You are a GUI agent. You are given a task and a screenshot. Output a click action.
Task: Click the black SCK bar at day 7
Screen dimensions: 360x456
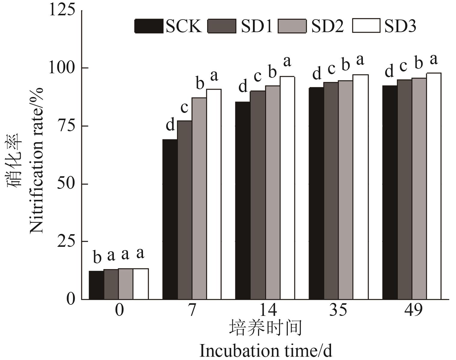point(170,219)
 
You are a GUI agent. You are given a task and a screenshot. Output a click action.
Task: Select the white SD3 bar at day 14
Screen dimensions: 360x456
point(287,188)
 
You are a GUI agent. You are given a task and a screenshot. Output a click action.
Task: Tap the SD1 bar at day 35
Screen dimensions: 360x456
point(331,191)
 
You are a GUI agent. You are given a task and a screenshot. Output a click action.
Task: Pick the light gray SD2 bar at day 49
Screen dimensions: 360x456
point(419,189)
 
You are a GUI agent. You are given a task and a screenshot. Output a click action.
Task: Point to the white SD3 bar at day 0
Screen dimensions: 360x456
point(141,284)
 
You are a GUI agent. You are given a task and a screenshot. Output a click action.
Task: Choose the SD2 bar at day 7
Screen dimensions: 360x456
point(199,198)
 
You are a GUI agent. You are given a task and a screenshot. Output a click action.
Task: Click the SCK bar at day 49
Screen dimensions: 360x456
point(390,192)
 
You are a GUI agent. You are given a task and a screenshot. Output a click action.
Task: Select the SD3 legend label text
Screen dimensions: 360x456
point(400,26)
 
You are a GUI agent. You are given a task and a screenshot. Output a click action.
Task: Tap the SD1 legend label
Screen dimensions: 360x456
point(256,26)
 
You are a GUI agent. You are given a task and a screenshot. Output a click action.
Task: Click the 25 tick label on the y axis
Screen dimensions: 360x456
point(66,241)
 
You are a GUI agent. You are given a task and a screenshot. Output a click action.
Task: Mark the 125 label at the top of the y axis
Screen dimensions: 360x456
point(62,11)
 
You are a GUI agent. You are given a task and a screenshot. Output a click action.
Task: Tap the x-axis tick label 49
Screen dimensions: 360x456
point(413,310)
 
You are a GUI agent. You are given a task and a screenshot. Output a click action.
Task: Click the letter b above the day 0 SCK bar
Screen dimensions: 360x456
point(97,258)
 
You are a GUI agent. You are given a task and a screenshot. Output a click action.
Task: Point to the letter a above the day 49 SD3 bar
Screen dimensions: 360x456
point(433,59)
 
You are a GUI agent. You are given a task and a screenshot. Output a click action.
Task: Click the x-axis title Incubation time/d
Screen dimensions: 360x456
point(266,351)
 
